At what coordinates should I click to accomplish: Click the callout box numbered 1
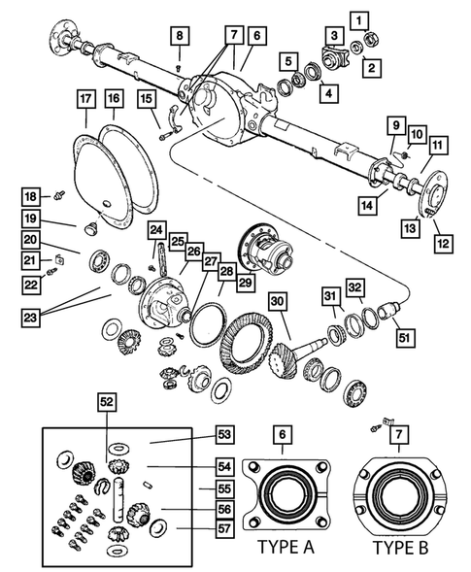360,18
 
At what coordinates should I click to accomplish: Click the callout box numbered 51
403,338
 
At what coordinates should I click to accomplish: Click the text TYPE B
402,547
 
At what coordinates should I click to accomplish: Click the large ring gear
243,345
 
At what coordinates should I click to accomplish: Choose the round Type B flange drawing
402,490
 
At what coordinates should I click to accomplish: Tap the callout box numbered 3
333,36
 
